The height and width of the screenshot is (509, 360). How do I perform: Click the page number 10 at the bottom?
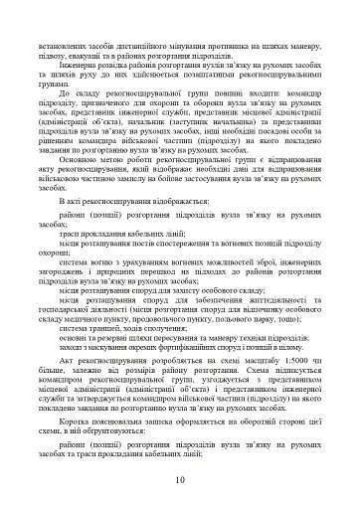[179, 481]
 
